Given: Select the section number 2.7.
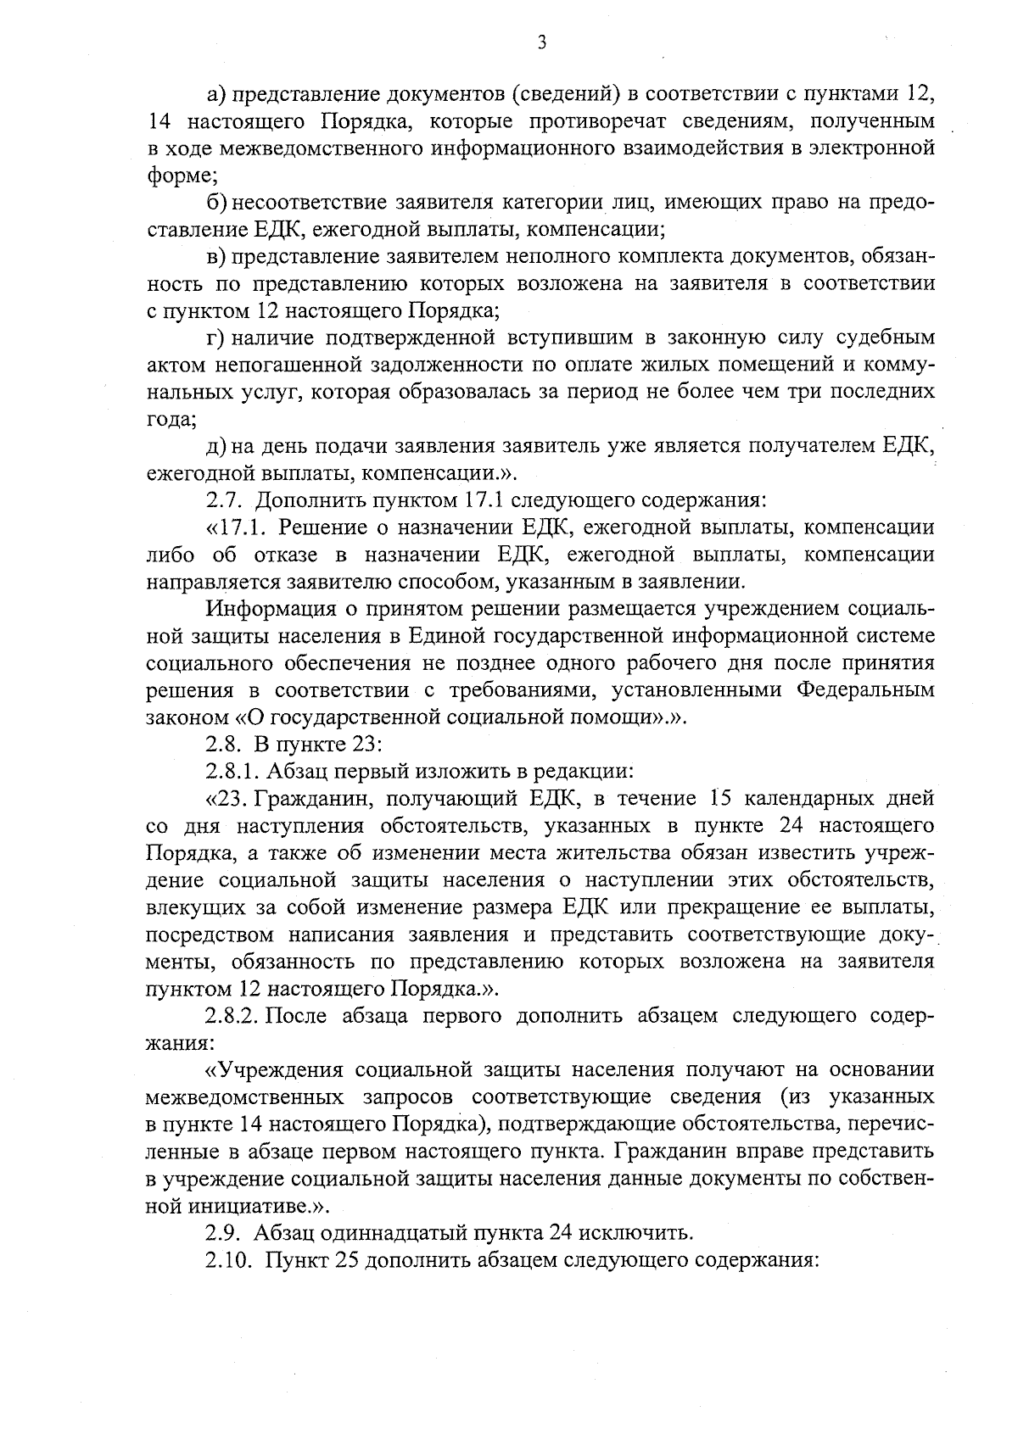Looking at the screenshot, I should pyautogui.click(x=225, y=500).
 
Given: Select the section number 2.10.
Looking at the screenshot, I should pyautogui.click(x=230, y=1260).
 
